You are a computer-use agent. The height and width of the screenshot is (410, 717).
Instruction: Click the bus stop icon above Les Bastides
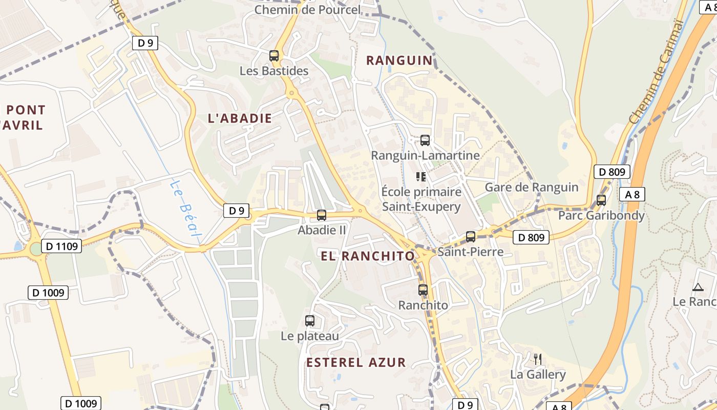[x=274, y=55]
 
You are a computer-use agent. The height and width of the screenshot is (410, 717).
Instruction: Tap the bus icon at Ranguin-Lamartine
[x=425, y=140]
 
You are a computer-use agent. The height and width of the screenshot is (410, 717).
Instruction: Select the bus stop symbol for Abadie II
[x=322, y=215]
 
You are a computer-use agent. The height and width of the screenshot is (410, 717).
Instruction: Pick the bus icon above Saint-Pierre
[x=471, y=236]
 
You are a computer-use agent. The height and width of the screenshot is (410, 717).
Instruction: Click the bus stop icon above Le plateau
[x=310, y=321]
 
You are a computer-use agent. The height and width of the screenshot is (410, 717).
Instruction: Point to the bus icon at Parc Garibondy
[x=601, y=200]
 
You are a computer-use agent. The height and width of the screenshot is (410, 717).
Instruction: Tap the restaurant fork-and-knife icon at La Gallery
[x=537, y=358]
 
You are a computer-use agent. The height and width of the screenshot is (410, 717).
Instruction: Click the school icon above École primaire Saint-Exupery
[x=421, y=177]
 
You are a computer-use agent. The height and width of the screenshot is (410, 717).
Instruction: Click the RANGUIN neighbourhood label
[x=399, y=60]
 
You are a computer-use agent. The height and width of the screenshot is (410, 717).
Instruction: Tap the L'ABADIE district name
[x=240, y=118]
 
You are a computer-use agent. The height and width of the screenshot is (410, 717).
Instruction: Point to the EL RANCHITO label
[x=367, y=256]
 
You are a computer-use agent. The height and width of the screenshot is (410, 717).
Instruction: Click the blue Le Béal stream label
[x=185, y=210]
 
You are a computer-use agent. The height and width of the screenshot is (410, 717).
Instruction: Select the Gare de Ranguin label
[x=532, y=187]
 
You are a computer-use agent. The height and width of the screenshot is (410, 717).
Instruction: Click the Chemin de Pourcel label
[x=307, y=9]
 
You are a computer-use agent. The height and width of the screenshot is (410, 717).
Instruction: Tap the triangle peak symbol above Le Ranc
[x=697, y=288]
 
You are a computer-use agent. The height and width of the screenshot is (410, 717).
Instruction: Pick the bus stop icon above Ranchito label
[x=423, y=290]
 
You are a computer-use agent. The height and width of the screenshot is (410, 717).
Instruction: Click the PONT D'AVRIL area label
[x=23, y=117]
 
